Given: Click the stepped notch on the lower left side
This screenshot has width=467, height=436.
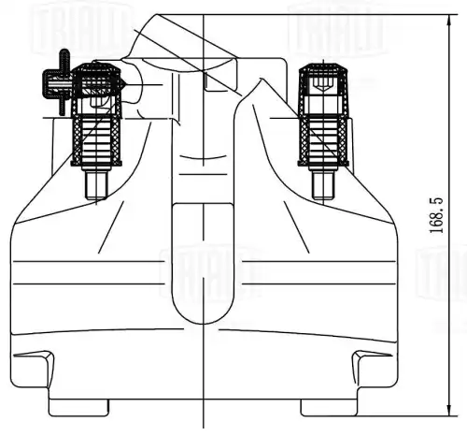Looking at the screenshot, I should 37,359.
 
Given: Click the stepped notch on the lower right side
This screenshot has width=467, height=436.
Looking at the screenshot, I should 370,359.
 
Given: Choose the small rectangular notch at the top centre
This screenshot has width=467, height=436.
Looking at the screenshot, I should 216,82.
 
